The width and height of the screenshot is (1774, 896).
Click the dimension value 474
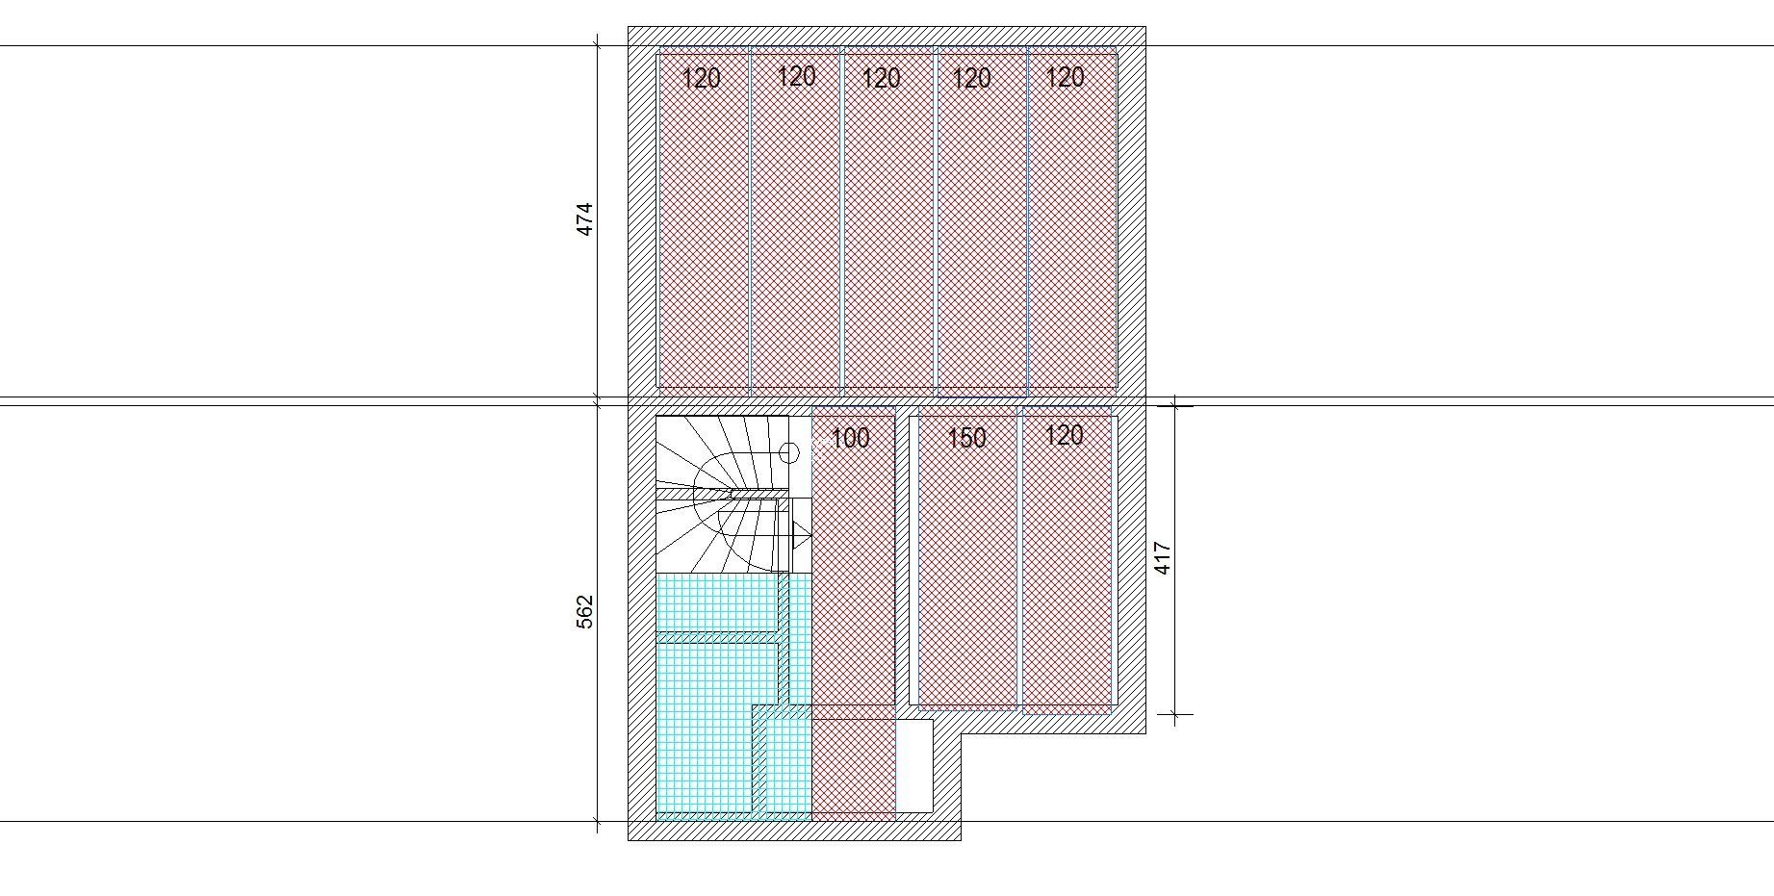pos(584,219)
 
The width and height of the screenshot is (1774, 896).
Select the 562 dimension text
pos(584,613)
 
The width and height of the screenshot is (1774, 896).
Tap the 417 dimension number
pos(1162,559)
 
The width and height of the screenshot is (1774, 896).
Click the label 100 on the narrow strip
pos(850,439)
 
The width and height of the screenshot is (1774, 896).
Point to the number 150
pos(966,439)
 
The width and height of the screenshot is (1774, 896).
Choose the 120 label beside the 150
pos(1064,435)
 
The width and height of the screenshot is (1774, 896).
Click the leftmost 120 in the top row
pos(701,78)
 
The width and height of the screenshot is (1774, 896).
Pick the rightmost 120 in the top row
pos(1065,77)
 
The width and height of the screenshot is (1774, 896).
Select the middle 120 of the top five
pos(881,78)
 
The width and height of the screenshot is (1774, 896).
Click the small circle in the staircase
pos(789,452)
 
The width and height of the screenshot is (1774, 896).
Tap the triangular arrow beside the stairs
pos(801,533)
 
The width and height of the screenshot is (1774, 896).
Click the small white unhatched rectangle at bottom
pos(914,766)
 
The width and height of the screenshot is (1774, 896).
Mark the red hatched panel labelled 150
pos(967,556)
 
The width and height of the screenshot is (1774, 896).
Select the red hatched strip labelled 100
pos(854,612)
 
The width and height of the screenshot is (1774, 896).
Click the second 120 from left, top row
pos(796,76)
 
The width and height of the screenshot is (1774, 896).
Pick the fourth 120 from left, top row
pos(971,78)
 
